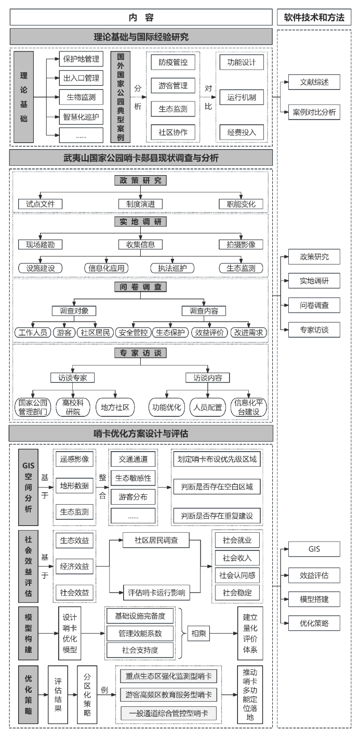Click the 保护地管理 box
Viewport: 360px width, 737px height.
click(81, 59)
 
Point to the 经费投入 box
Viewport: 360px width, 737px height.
click(242, 132)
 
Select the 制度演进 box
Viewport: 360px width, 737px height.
click(141, 204)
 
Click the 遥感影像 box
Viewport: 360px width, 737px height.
click(74, 459)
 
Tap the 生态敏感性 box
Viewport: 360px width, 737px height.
click(132, 478)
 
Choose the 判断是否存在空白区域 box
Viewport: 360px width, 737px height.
click(217, 487)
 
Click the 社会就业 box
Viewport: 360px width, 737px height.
click(237, 540)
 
